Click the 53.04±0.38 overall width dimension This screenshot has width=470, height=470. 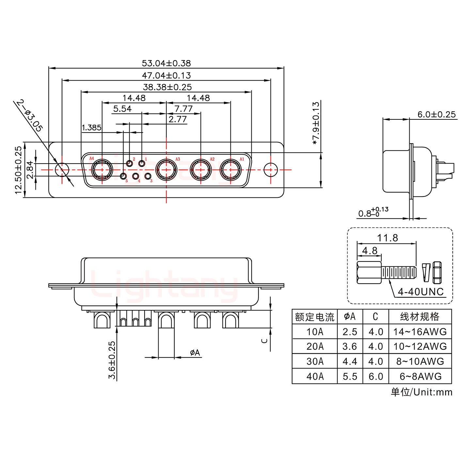pos(166,63)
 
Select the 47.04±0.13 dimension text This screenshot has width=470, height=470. pos(166,75)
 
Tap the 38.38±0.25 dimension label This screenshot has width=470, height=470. pos(167,87)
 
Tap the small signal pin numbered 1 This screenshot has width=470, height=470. pos(142,163)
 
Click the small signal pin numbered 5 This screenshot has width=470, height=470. pos(123,177)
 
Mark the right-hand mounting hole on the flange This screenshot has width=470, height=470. pos(271,170)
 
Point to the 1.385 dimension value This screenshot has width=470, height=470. pos(91,128)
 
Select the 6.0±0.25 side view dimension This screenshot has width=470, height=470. pos(436,114)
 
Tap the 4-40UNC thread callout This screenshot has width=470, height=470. pos(421,291)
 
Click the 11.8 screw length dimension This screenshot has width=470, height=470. pos(387,238)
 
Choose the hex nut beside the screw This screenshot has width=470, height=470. pos(437,273)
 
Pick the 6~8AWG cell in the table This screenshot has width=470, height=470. pos(420,376)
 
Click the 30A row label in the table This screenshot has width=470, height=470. pos(315,361)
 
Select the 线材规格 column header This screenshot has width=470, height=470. pos(420,317)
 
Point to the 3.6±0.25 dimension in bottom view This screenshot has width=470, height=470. pos(112,360)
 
